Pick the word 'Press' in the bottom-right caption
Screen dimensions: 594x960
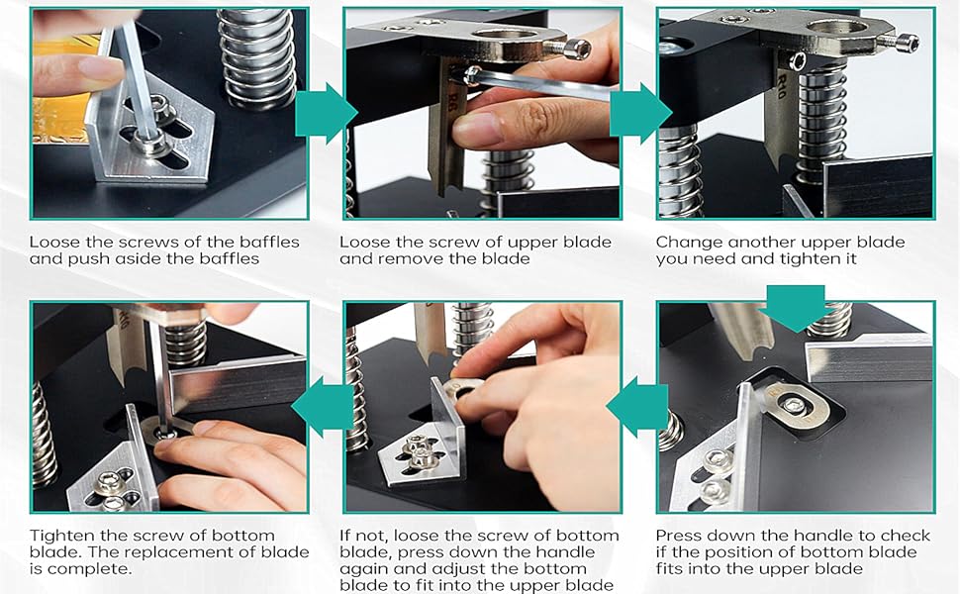[680, 535]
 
